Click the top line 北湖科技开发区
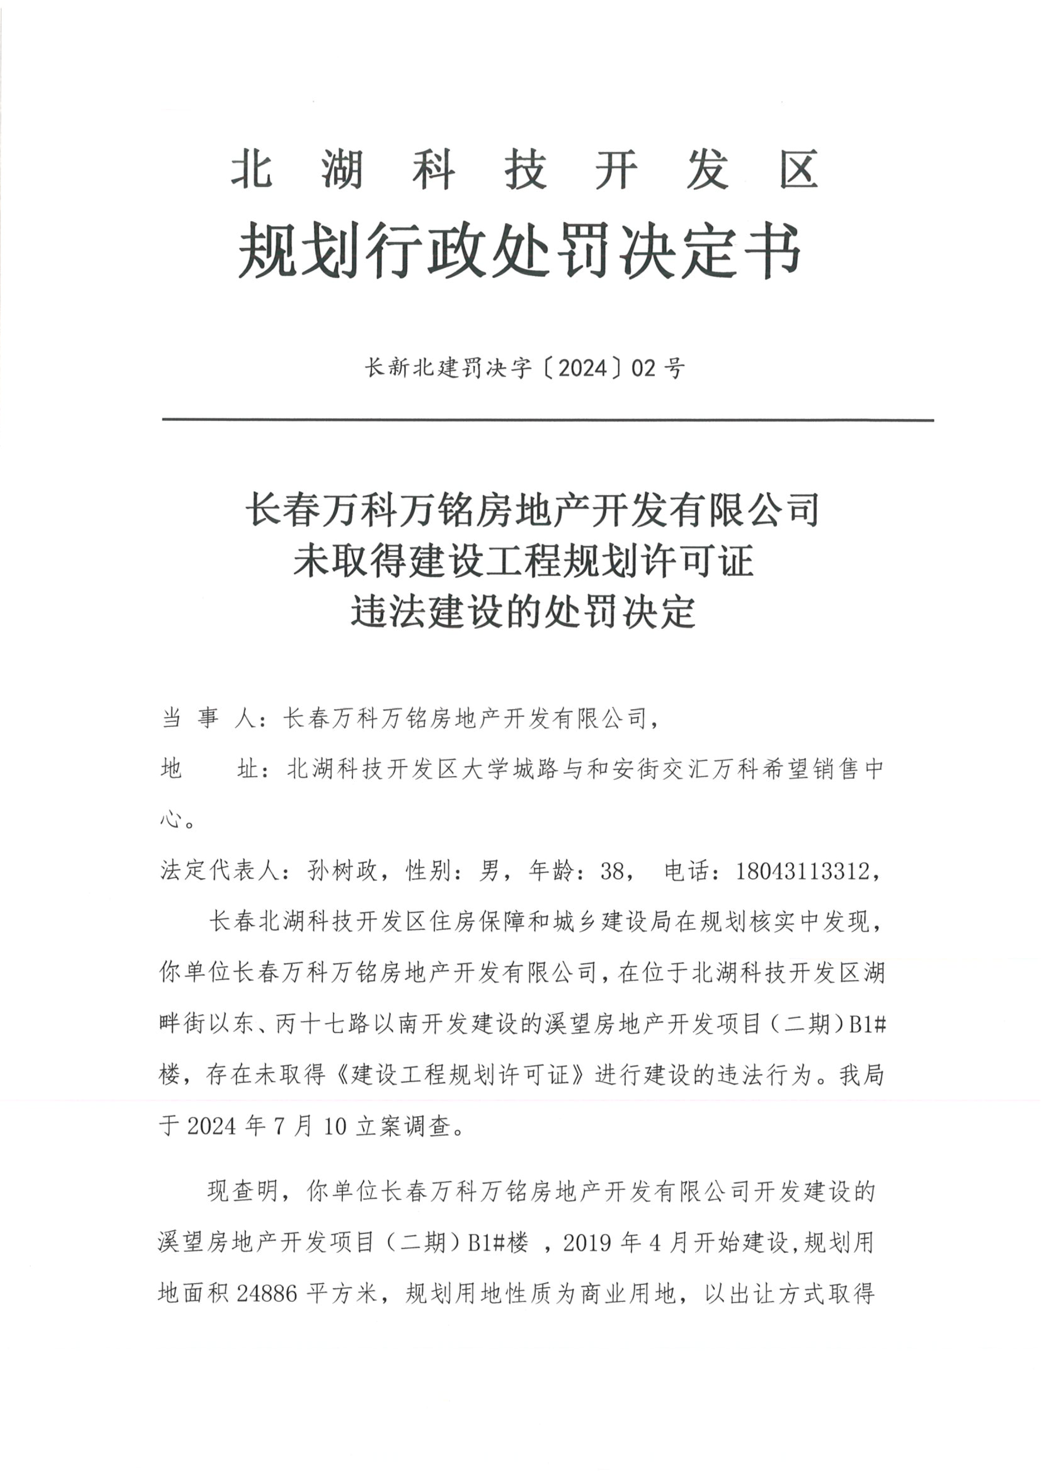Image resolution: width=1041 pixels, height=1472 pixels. [524, 170]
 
